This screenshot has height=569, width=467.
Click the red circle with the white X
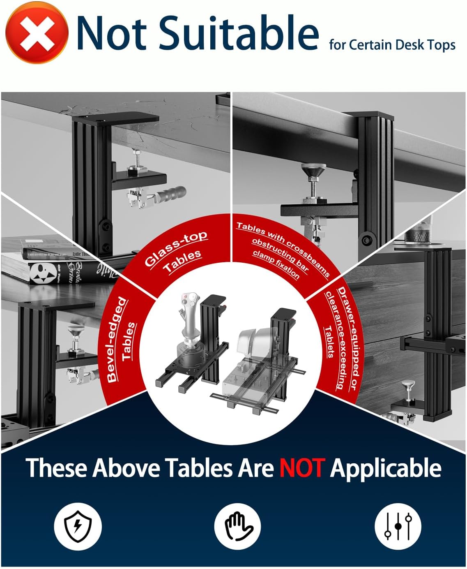coord(37,32)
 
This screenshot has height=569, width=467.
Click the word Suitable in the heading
coord(239,33)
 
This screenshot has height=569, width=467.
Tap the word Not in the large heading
coord(112,33)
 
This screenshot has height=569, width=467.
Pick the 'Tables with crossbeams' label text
coord(283,236)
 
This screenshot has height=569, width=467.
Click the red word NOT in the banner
coord(301,468)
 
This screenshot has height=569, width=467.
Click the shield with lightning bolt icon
coord(78,526)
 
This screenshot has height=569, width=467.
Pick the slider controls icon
coord(398,526)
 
